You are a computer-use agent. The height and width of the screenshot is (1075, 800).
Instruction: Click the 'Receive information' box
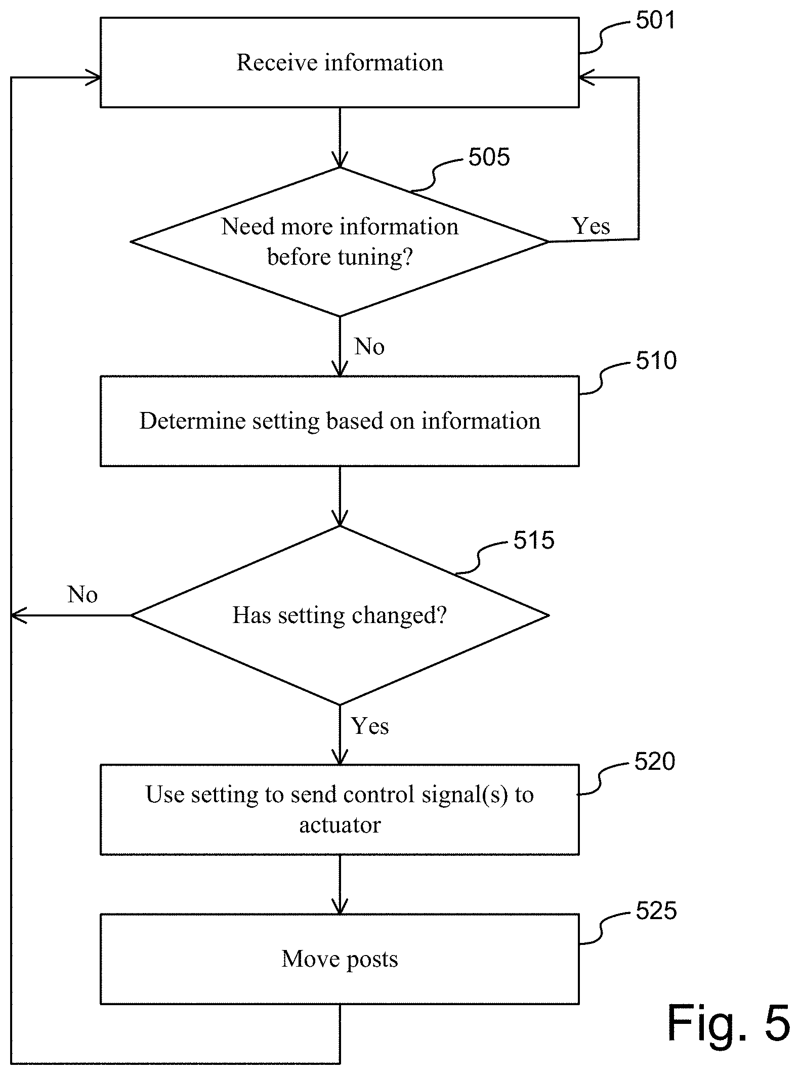(340, 62)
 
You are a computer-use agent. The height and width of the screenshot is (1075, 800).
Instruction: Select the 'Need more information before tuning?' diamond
(340, 241)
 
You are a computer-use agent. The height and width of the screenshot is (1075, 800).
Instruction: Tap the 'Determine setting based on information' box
(340, 421)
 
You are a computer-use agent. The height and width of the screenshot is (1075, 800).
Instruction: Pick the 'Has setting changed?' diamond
(340, 615)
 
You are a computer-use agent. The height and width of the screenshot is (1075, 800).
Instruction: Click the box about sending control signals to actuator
(340, 810)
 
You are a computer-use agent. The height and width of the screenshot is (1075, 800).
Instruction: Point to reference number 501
(655, 20)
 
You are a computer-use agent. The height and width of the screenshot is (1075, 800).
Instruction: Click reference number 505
(489, 157)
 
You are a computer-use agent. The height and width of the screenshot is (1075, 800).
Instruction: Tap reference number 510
(656, 361)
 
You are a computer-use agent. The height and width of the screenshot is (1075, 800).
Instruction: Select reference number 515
(534, 541)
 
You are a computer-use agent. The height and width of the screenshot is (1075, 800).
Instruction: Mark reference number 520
(655, 762)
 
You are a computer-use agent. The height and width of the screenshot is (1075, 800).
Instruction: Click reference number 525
(656, 911)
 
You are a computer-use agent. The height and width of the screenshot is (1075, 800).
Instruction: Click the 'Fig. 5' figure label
(728, 1023)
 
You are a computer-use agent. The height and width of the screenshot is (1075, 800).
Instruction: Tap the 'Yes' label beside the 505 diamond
(591, 226)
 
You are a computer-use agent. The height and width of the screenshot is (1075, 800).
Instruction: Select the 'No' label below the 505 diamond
(369, 347)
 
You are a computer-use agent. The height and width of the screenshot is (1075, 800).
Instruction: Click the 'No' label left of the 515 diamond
(82, 595)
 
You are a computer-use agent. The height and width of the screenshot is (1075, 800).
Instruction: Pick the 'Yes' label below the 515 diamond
(370, 726)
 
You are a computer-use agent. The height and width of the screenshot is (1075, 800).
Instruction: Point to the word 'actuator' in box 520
(340, 825)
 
